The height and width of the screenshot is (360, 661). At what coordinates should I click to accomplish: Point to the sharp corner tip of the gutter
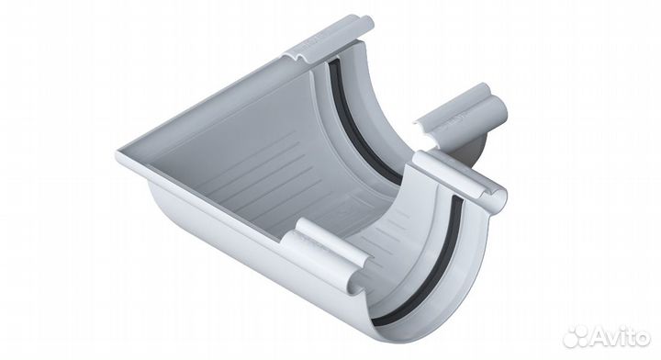point(118,153)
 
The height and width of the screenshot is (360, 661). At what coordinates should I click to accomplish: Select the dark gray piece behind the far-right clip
point(474,145)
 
